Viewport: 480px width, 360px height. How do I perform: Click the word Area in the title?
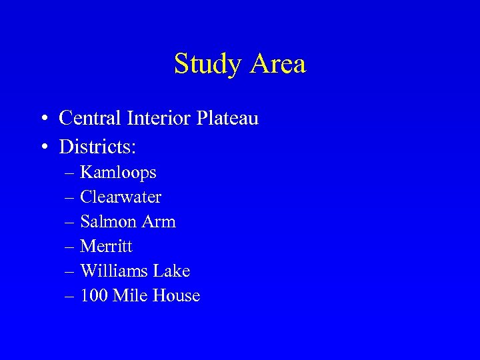click(x=279, y=64)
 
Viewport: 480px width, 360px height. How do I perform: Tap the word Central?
click(x=89, y=119)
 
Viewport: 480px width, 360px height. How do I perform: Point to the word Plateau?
click(x=227, y=119)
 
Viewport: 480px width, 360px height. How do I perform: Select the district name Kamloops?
click(x=118, y=173)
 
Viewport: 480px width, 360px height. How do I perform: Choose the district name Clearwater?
click(x=121, y=197)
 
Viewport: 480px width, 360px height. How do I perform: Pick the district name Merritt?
click(x=106, y=247)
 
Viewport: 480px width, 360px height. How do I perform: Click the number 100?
click(x=94, y=296)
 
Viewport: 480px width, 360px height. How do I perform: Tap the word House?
click(x=176, y=296)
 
